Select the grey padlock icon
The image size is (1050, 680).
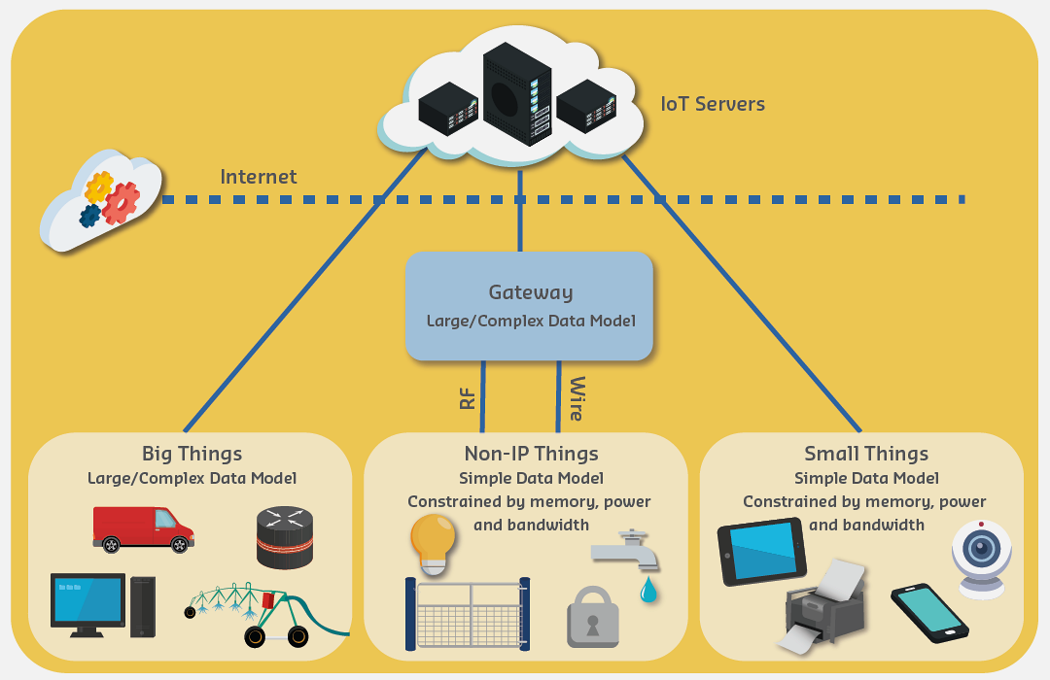tap(592, 616)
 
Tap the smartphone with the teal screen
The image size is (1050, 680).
tap(928, 612)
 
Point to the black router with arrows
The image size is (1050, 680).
tap(285, 536)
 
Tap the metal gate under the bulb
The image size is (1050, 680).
tap(468, 614)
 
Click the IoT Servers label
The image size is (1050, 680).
tap(712, 103)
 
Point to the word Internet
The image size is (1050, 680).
tap(258, 177)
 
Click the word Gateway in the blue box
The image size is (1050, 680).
tap(530, 292)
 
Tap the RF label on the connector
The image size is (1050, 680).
tap(468, 397)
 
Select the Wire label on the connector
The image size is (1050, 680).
tap(576, 398)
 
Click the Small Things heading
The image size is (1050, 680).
tap(865, 454)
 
